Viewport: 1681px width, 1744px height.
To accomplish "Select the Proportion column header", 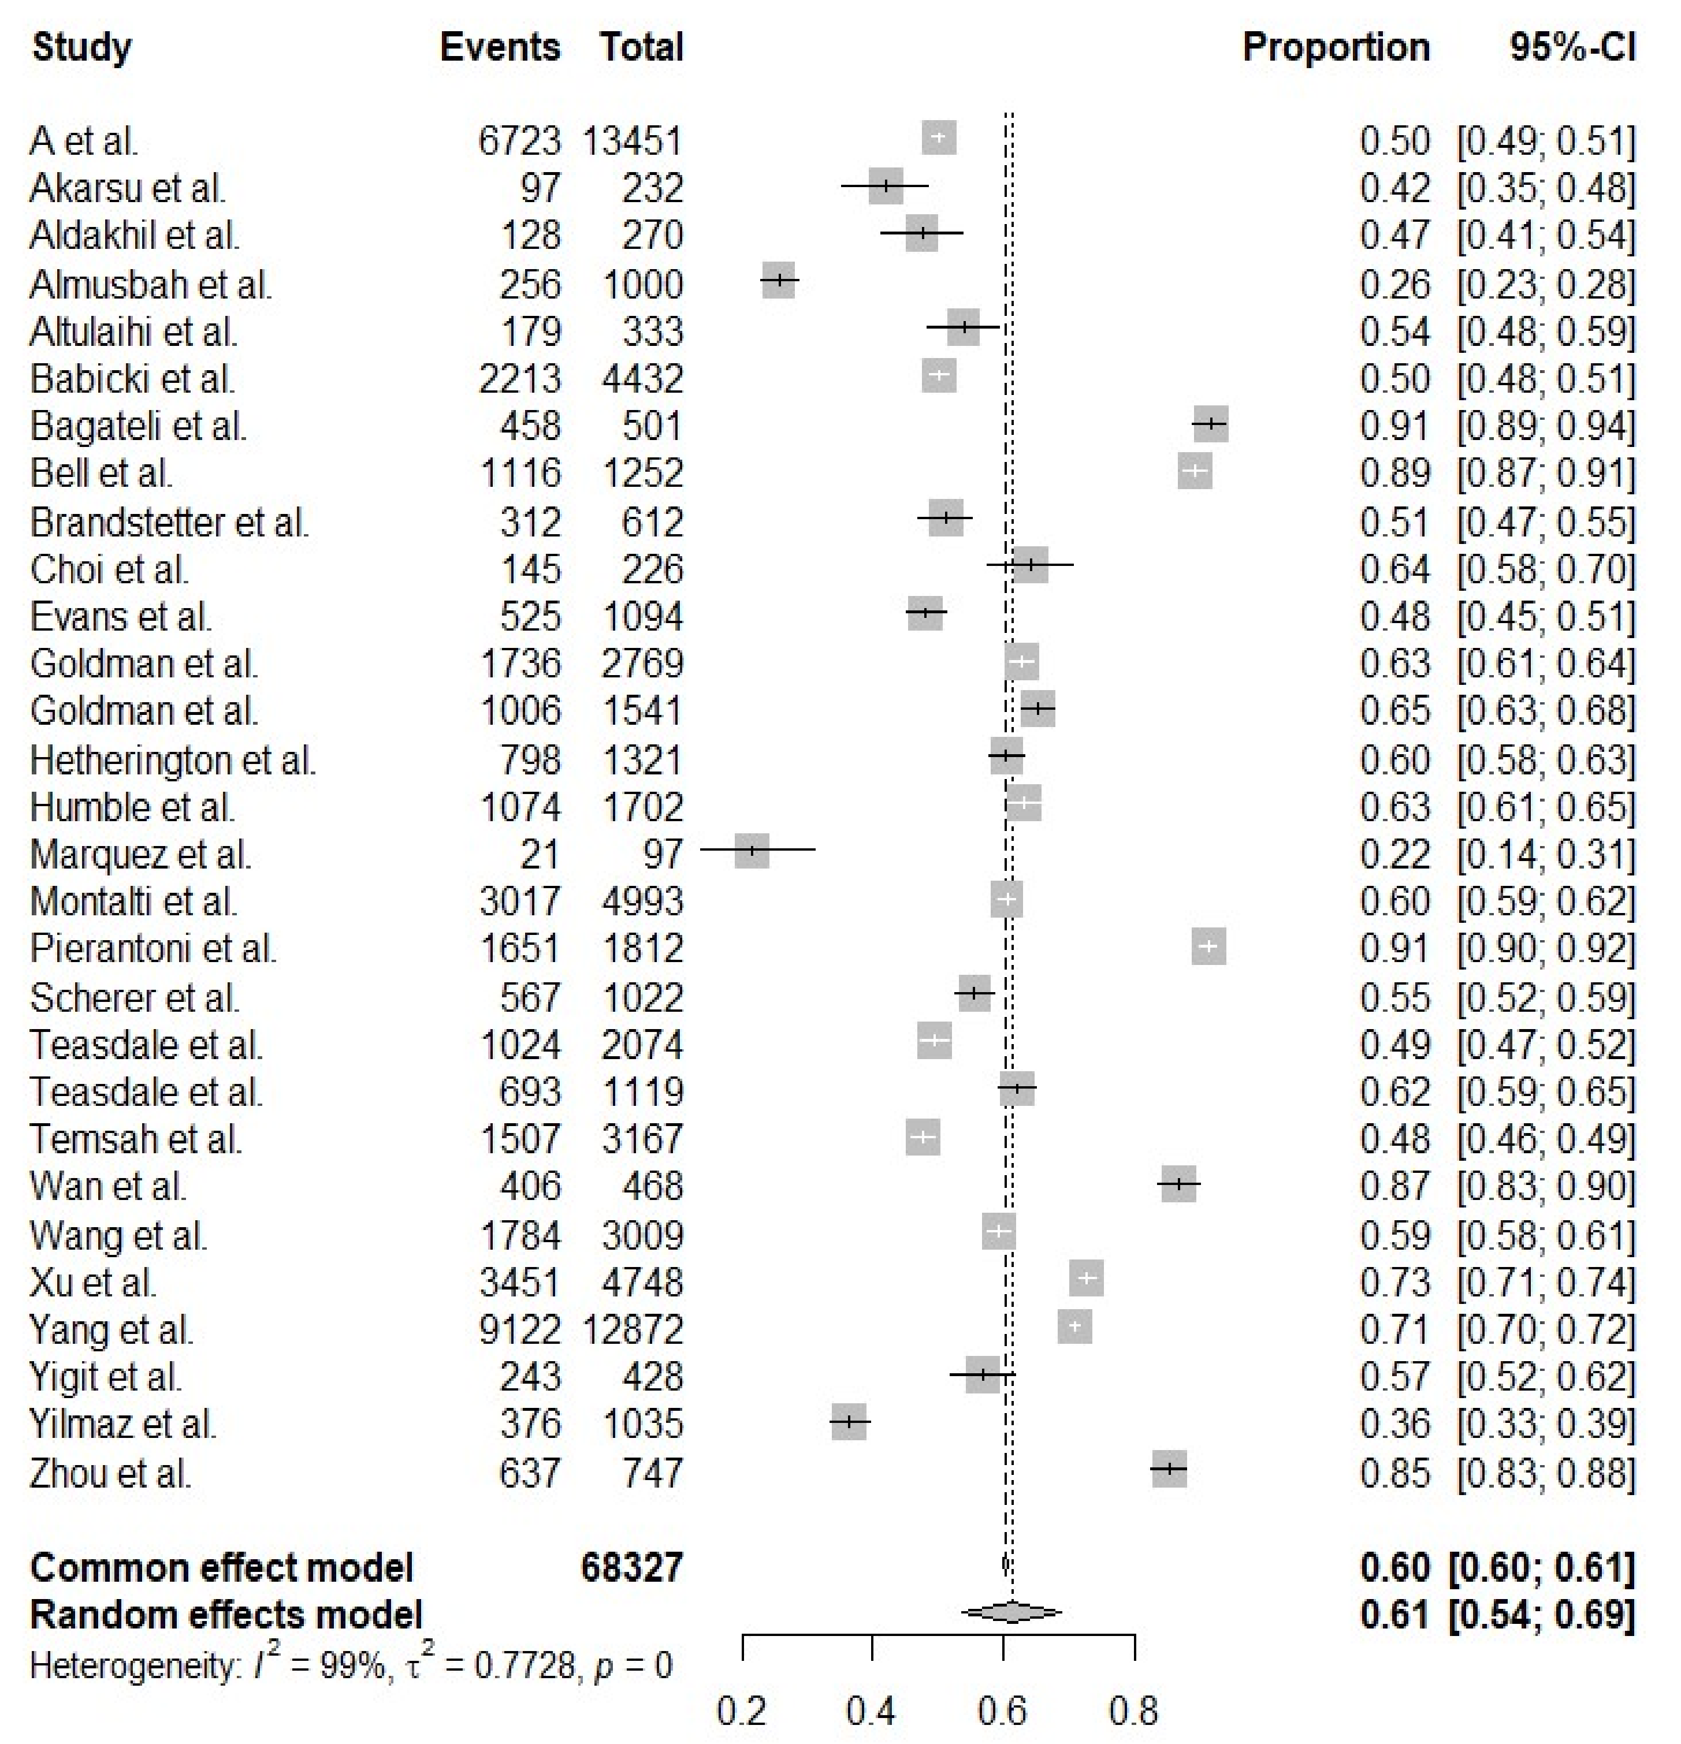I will click(x=1335, y=46).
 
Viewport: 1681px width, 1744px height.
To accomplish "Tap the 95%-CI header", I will click(x=1572, y=46).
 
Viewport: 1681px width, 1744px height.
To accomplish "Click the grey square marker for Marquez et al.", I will click(x=752, y=849).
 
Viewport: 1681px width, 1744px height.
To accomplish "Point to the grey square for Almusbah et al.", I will click(x=779, y=280).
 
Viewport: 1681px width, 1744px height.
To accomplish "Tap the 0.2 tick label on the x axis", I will click(x=741, y=1710).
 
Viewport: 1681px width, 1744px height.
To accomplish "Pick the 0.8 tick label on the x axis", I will click(x=1134, y=1710).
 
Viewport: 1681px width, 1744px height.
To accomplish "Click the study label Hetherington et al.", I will click(x=173, y=760).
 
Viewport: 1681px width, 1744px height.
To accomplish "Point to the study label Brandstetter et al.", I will click(x=169, y=521).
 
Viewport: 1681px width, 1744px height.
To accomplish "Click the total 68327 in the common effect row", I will click(x=632, y=1567).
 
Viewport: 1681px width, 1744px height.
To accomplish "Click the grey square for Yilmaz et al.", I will click(x=849, y=1422).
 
